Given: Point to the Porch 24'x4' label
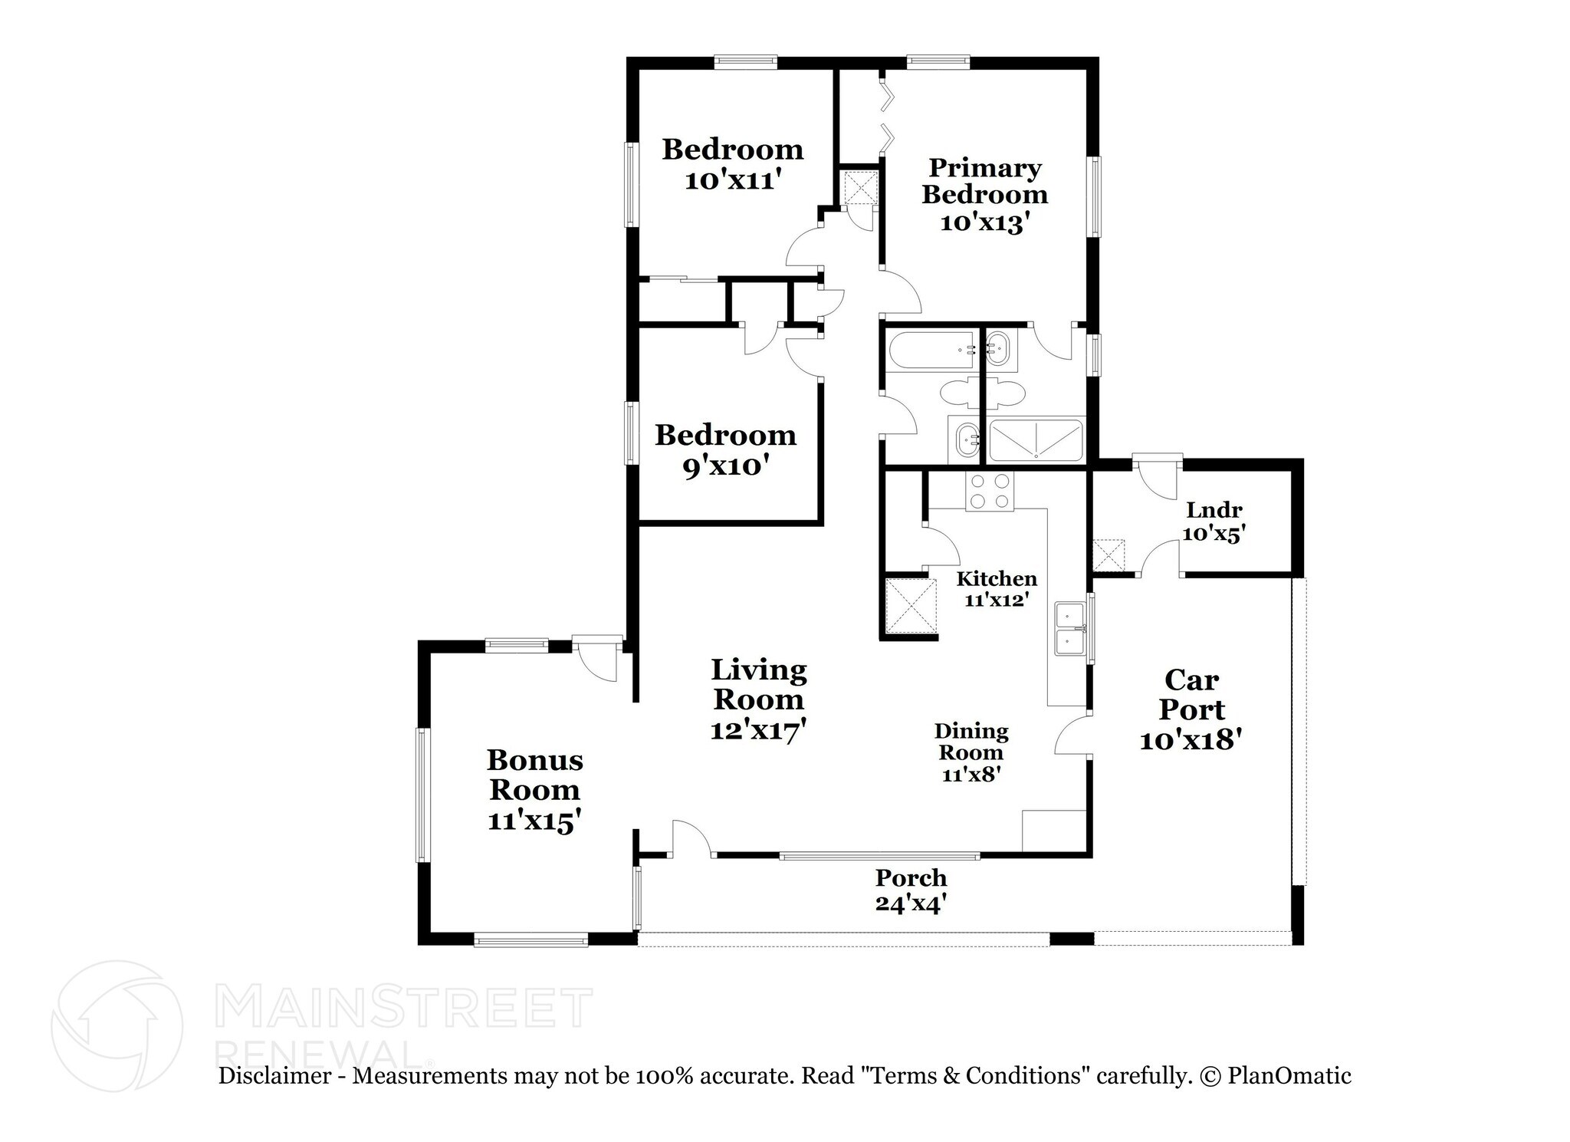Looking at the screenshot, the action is pyautogui.click(x=911, y=890).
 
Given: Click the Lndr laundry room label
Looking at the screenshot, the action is pyautogui.click(x=1214, y=510).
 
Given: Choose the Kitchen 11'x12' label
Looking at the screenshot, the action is pyautogui.click(x=997, y=589).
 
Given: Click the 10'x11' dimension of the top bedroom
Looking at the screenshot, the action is pyautogui.click(x=733, y=181).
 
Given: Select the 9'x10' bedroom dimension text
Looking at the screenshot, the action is pyautogui.click(x=725, y=467).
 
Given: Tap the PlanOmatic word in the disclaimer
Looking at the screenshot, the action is pyautogui.click(x=1289, y=1075).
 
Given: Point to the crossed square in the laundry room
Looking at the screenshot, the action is pyautogui.click(x=1108, y=555).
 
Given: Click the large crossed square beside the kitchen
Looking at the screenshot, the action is pyautogui.click(x=911, y=606).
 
